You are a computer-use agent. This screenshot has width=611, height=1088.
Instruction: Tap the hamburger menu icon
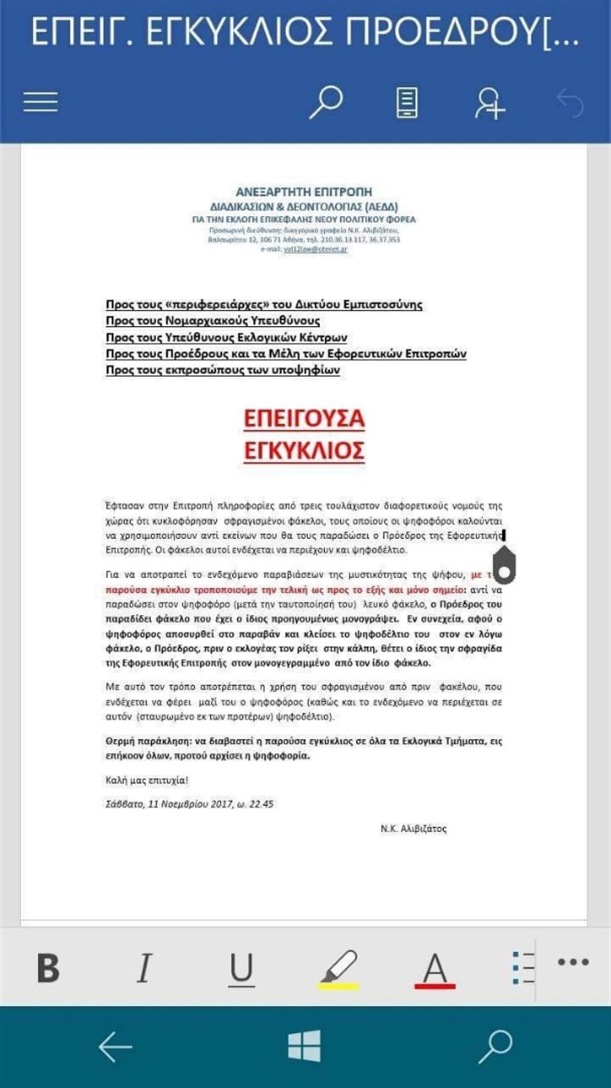point(41,102)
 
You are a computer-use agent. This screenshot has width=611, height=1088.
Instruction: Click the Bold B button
point(48,968)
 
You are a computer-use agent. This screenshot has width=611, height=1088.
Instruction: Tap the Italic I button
point(144,968)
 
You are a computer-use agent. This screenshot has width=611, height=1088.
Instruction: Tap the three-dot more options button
point(573,962)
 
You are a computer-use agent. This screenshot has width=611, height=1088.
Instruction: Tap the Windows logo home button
point(305,1046)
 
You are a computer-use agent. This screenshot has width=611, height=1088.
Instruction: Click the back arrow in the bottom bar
point(115,1046)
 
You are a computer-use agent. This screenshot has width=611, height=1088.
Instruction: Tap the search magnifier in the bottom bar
point(495,1046)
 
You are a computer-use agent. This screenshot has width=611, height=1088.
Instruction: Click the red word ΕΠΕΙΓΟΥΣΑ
point(304,418)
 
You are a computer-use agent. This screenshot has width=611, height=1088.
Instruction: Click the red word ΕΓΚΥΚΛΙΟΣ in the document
point(304,450)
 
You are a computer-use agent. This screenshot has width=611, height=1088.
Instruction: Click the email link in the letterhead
point(315,249)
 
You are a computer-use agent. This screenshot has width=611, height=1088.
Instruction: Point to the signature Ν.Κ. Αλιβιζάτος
point(414,828)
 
